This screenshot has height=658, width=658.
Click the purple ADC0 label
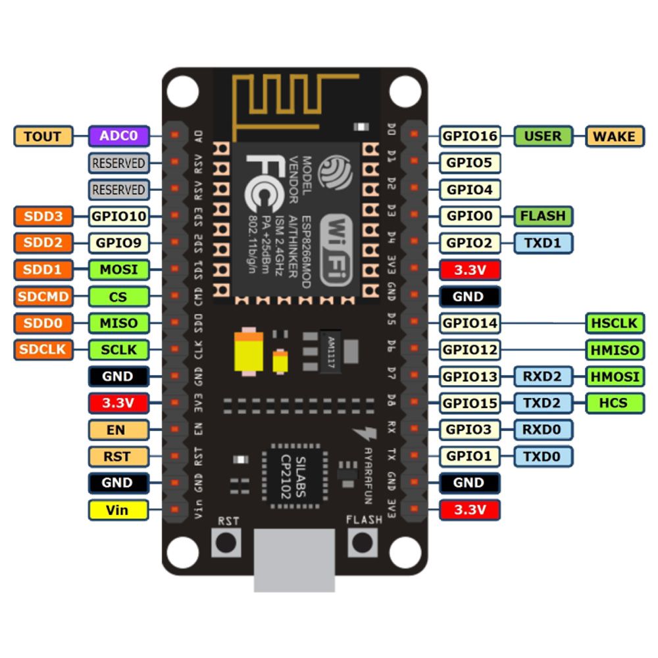point(119,136)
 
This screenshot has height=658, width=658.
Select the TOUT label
point(43,136)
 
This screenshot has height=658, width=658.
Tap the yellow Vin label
point(118,509)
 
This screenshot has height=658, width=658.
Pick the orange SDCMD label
point(43,296)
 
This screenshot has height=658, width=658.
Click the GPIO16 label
point(470,136)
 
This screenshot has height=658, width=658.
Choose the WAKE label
point(615,136)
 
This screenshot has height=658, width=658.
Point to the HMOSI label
point(615,376)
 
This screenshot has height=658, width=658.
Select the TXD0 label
point(543,456)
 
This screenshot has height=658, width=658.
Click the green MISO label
point(118,323)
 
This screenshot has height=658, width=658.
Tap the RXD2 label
point(543,376)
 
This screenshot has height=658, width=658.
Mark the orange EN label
point(118,430)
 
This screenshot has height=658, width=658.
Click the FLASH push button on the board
point(363,543)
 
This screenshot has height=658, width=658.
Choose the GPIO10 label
point(118,216)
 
